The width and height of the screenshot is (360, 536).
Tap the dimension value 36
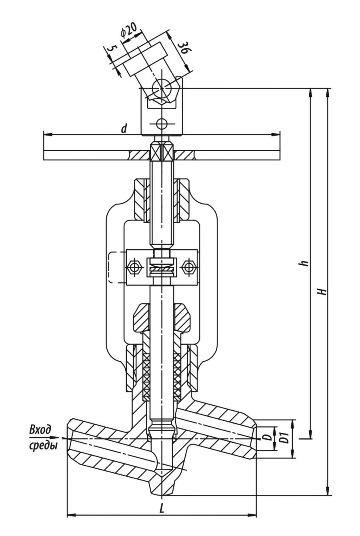pos(183,47)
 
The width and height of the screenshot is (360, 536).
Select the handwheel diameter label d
pos(124,128)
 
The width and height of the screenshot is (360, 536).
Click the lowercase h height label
pos(305,263)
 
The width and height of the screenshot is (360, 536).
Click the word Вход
pos(40,430)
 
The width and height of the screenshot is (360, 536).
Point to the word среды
pos(43,445)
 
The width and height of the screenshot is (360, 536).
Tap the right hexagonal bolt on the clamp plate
pos(188,267)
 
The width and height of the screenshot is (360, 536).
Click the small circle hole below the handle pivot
pos(162,124)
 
